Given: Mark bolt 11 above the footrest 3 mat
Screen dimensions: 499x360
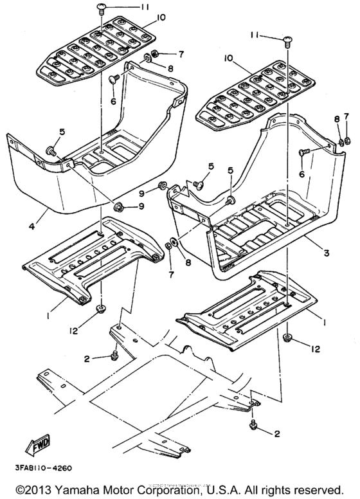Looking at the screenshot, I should coord(288,42).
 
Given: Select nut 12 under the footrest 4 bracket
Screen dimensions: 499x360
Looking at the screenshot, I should coord(102,311).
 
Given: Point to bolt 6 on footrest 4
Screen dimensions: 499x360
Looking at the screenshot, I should coord(114,79).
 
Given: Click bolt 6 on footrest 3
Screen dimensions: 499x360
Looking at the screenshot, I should coord(304,152).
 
